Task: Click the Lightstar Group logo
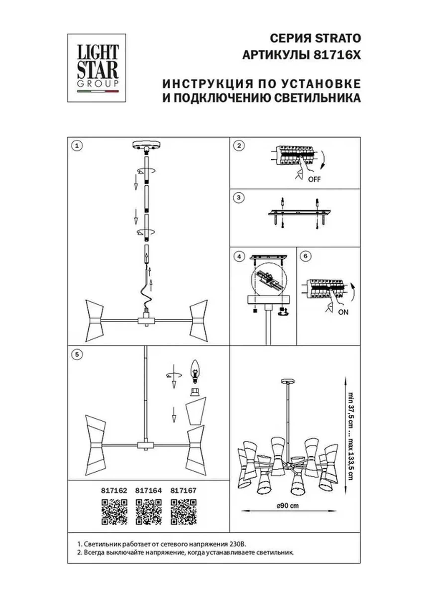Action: (x=97, y=68)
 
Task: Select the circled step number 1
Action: (x=77, y=146)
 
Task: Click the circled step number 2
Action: (x=239, y=146)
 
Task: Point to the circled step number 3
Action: (x=239, y=198)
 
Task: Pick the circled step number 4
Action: (x=239, y=257)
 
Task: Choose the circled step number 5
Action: (x=77, y=354)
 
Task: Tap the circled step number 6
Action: (x=306, y=256)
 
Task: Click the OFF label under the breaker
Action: (x=314, y=179)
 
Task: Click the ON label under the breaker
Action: (x=343, y=312)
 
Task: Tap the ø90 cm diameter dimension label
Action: (x=288, y=506)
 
